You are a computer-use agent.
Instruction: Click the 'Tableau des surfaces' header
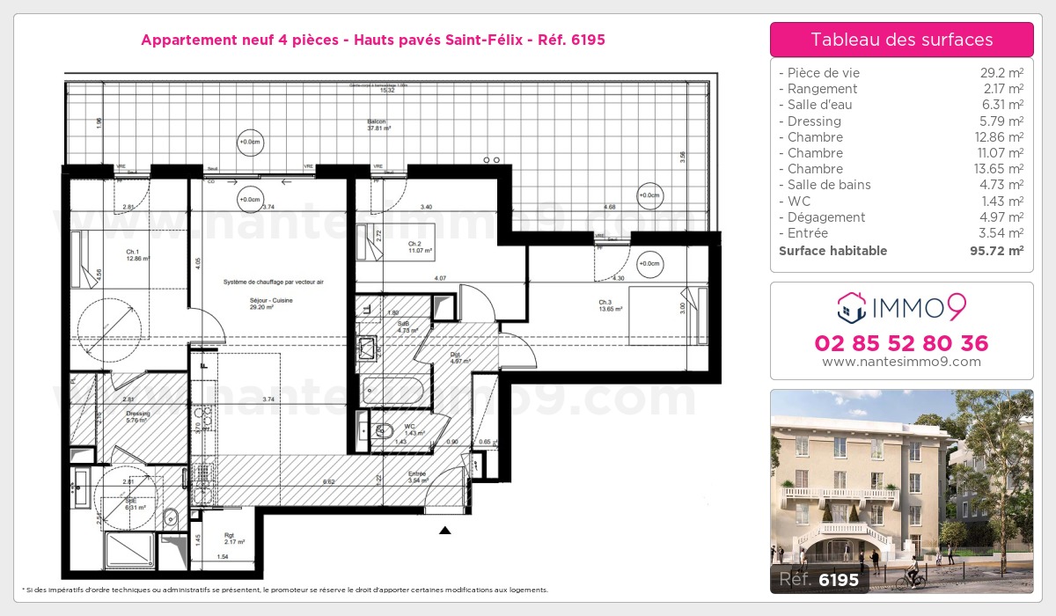click(x=901, y=40)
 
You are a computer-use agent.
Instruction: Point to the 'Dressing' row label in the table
click(x=814, y=121)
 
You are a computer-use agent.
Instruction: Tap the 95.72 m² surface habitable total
click(x=994, y=251)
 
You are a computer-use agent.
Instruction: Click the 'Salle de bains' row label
click(x=829, y=185)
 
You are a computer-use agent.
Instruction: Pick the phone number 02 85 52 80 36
click(x=901, y=343)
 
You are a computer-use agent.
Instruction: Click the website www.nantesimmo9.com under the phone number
click(x=901, y=362)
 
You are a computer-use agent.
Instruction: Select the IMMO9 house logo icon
click(x=849, y=308)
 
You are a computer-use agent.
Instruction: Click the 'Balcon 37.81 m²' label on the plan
click(x=378, y=124)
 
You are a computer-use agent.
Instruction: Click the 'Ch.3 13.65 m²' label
click(x=610, y=306)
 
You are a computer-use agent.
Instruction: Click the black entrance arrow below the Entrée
click(x=445, y=531)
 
